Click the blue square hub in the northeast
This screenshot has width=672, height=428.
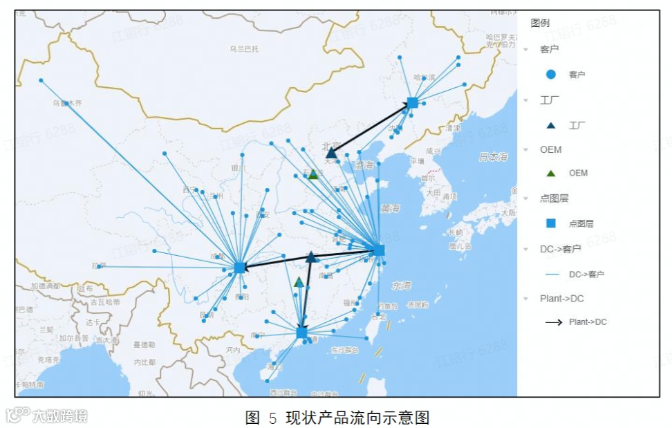pyautogui.click(x=412, y=102)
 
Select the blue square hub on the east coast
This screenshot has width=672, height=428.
pyautogui.click(x=379, y=250)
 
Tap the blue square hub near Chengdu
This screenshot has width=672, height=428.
pyautogui.click(x=239, y=267)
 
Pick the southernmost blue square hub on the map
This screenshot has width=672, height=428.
pyautogui.click(x=301, y=333)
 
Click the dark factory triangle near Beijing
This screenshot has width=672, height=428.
pyautogui.click(x=332, y=153)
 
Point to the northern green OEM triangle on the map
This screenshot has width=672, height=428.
pyautogui.click(x=312, y=174)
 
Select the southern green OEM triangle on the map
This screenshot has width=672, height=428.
pyautogui.click(x=299, y=282)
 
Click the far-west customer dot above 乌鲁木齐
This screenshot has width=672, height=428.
pyautogui.click(x=41, y=80)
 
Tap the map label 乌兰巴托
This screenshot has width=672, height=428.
pyautogui.click(x=244, y=49)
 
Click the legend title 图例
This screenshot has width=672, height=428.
pyautogui.click(x=540, y=23)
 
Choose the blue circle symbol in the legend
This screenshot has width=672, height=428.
pyautogui.click(x=551, y=74)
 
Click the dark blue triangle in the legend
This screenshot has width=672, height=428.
pyautogui.click(x=551, y=125)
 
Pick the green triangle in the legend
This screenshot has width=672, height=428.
pyautogui.click(x=551, y=173)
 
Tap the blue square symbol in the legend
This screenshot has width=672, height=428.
pyautogui.click(x=551, y=223)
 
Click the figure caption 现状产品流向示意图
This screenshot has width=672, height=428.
pyautogui.click(x=357, y=418)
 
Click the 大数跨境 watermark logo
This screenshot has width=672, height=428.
pyautogui.click(x=47, y=415)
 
